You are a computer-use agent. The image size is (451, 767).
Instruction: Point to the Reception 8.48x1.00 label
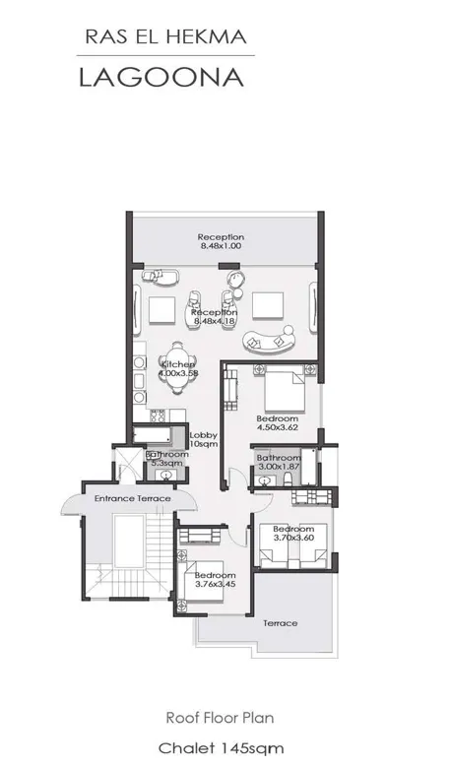221,241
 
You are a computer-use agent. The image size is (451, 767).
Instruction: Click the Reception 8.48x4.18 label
215,316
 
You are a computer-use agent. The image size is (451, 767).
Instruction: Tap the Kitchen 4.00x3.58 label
178,369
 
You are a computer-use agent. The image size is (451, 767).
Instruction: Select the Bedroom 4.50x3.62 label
277,423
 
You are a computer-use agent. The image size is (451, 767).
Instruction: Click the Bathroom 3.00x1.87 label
279,463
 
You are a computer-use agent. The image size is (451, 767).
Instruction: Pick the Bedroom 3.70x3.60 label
292,535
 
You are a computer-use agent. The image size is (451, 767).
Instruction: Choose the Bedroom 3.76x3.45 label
214,580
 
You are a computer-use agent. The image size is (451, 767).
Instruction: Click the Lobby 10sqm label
203,440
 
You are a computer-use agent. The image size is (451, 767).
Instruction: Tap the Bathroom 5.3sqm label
165,459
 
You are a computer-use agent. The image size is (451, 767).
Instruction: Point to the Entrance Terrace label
132,499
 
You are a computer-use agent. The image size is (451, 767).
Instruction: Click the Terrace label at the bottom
280,623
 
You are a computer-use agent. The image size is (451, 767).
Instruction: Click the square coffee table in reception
268,305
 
